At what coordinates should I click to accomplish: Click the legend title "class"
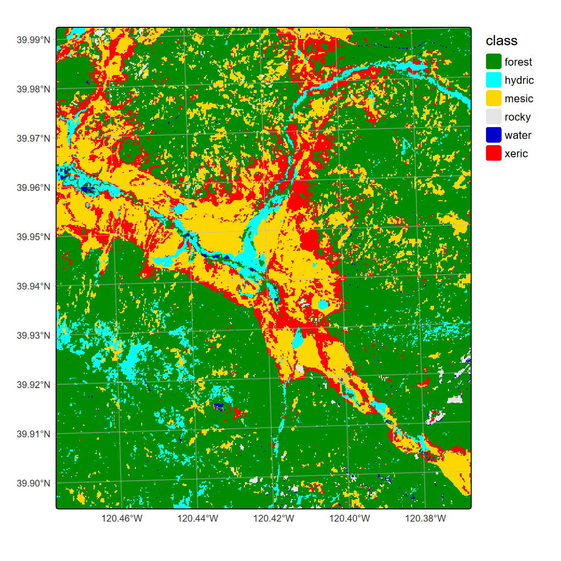point(501,41)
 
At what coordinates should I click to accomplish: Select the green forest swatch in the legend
point(493,62)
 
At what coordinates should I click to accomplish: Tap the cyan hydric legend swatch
point(493,80)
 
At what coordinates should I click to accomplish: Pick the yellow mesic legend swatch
point(493,98)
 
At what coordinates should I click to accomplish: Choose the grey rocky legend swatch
point(493,117)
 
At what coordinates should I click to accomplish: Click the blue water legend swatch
point(493,135)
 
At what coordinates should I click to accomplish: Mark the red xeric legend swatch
point(493,153)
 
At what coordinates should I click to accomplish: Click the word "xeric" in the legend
point(516,154)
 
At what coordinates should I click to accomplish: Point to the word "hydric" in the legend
point(519,80)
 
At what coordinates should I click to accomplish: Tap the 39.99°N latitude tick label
point(33,40)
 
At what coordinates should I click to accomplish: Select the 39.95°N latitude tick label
point(33,237)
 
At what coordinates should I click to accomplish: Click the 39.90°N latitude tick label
point(33,484)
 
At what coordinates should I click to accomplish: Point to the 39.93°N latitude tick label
point(33,336)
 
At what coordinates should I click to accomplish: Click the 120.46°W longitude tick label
point(122,519)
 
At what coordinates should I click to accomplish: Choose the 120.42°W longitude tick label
point(274,519)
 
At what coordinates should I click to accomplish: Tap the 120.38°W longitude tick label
point(426,519)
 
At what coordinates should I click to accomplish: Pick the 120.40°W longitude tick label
point(350,519)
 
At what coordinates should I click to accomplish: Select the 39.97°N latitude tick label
point(33,139)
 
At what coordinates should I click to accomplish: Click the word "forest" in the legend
point(518,62)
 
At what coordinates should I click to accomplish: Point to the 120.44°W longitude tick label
point(198,519)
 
